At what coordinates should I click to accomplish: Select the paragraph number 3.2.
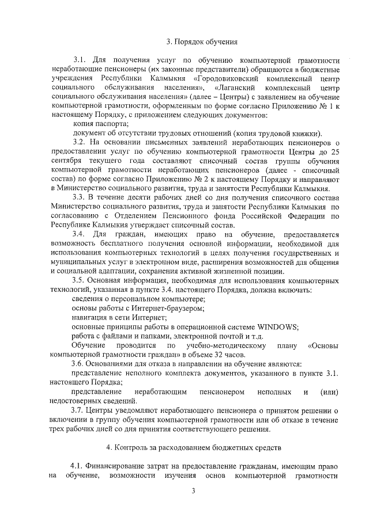[x=81, y=142]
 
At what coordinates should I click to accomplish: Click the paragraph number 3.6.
[x=80, y=364]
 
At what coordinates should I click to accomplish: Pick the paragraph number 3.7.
[x=80, y=410]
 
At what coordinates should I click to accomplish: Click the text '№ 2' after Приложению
[x=191, y=178]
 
